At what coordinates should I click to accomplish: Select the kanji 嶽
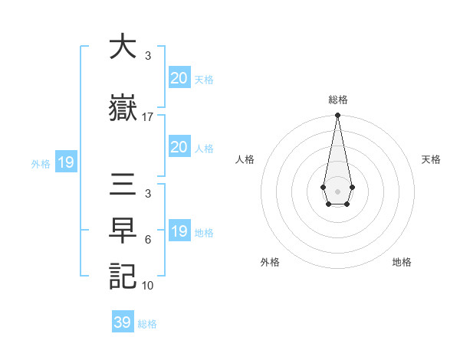(122, 109)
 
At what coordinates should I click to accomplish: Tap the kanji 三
(122, 185)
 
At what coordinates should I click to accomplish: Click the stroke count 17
(148, 117)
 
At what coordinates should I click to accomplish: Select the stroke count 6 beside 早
(148, 239)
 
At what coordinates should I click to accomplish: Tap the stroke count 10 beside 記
(148, 286)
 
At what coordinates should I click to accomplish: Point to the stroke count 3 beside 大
(148, 56)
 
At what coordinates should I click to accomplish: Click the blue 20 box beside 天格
(179, 78)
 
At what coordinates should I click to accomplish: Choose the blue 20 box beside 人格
(179, 147)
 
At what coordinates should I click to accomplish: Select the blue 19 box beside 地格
(179, 231)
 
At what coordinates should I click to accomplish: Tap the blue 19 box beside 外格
(65, 162)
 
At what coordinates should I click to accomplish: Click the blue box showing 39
(122, 322)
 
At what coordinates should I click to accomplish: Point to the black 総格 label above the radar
(337, 100)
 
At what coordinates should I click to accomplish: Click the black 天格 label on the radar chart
(431, 159)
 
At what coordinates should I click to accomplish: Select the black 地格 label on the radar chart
(402, 262)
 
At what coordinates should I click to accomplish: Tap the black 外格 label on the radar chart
(270, 262)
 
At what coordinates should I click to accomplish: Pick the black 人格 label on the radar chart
(245, 159)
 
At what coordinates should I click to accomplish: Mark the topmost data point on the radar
(337, 116)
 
